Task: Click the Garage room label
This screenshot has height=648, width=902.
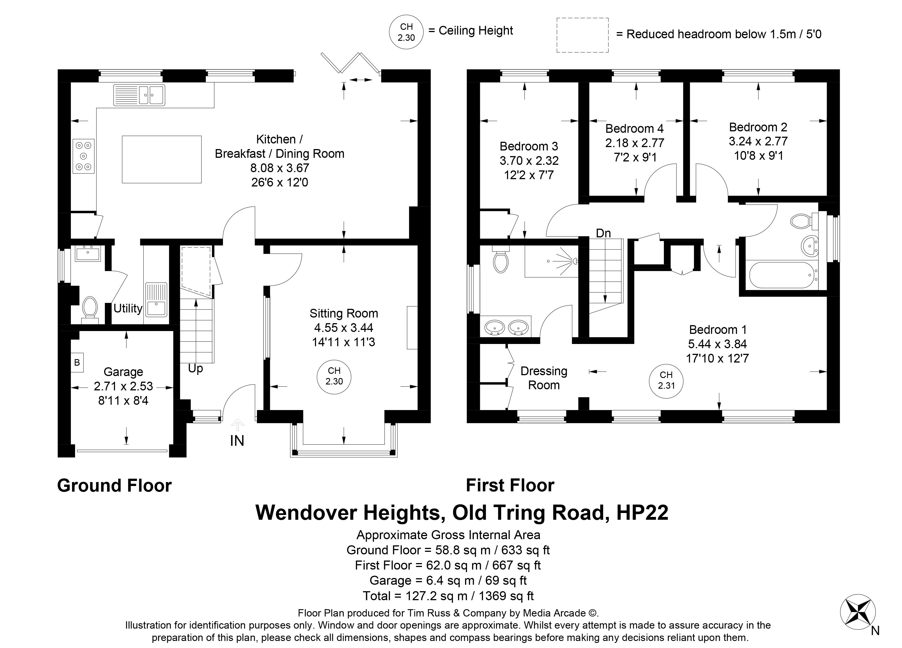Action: point(123,372)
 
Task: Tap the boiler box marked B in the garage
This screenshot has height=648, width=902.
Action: point(77,362)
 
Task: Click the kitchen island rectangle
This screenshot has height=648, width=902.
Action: point(161,159)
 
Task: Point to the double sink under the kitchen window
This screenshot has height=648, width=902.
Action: point(139,95)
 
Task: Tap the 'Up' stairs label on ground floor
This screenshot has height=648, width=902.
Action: point(195,368)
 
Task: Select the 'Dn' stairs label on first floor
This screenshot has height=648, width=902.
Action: point(603,233)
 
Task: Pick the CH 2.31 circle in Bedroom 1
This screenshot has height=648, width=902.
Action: point(666,381)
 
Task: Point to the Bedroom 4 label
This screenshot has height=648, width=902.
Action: point(635,129)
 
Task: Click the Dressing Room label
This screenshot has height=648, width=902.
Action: point(544,378)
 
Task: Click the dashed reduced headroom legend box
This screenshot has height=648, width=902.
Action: point(582,35)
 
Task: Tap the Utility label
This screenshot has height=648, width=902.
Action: point(128,308)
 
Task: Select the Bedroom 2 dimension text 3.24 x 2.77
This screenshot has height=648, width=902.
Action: point(758,141)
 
